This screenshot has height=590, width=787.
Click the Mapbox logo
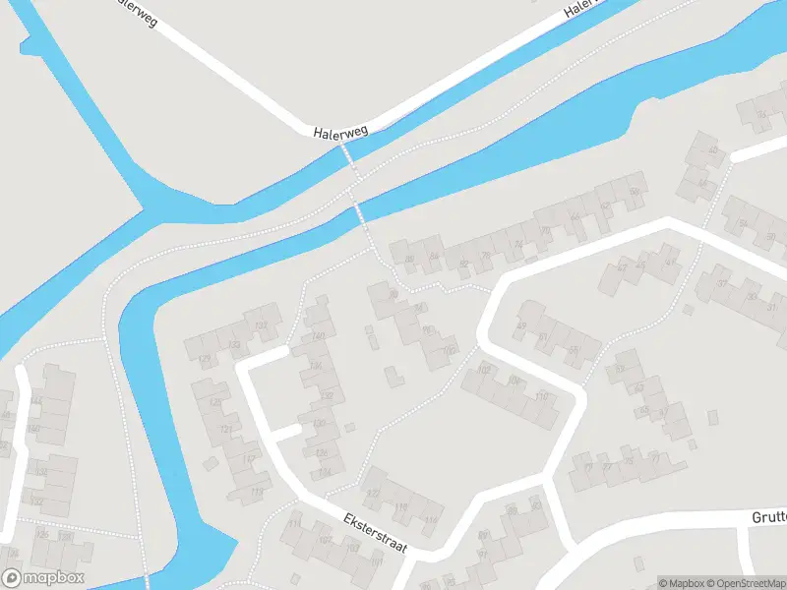43,577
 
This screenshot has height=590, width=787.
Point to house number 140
320,335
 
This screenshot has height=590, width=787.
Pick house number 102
483,369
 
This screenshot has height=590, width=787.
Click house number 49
520,326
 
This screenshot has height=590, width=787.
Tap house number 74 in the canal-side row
518,245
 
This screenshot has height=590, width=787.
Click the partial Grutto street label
768,516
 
